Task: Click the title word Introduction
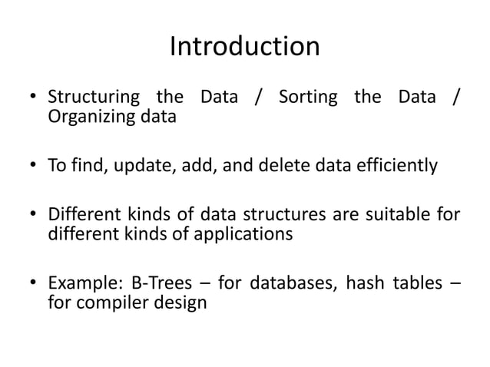(x=244, y=47)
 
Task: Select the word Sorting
(x=307, y=99)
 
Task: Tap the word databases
(x=291, y=283)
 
